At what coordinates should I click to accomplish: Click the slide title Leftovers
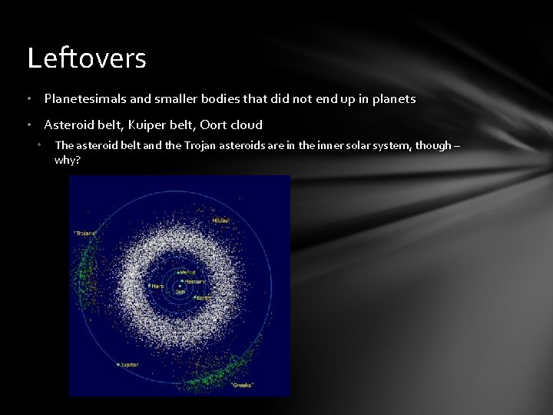[x=86, y=58]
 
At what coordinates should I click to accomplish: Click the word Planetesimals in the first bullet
[x=81, y=98]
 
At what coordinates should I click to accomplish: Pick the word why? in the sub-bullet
[x=68, y=160]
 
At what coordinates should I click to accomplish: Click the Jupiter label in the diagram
[x=130, y=364]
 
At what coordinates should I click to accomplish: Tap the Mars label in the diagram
[x=157, y=286]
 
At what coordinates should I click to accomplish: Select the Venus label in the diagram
[x=187, y=272]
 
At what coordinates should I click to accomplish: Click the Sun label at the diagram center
[x=180, y=292]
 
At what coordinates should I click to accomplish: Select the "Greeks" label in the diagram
[x=242, y=384]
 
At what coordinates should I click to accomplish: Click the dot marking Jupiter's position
[x=118, y=364]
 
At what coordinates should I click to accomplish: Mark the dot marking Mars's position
[x=149, y=286]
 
